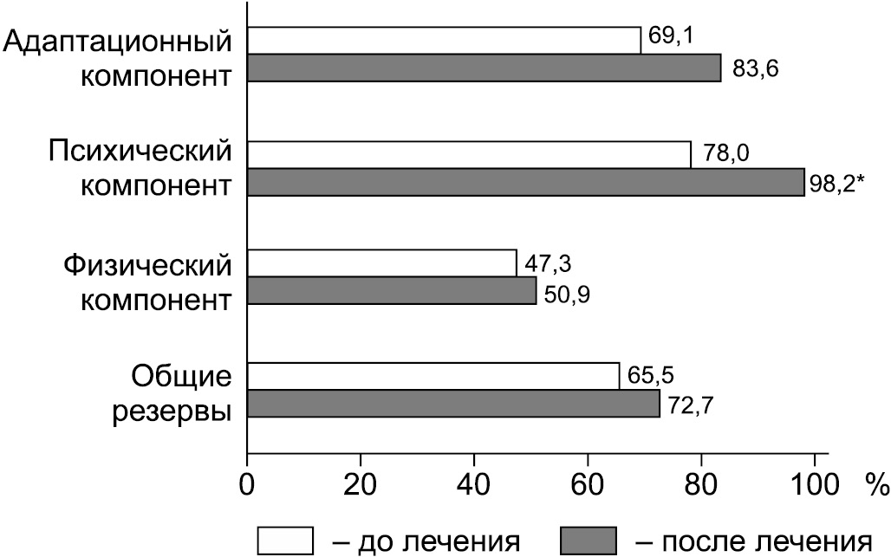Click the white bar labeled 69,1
coord(444,40)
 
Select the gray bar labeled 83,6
coord(485,68)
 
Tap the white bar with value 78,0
coord(469,154)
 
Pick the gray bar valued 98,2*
coord(526,182)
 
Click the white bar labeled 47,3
coord(381,262)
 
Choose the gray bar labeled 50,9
coord(392,290)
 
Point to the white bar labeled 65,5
coord(433,375)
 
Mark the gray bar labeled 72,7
coord(453,403)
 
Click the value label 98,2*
coord(837,182)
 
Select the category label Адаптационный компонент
coord(119,57)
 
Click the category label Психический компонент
coord(139,169)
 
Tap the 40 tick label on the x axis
coord(473,481)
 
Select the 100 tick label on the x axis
coord(815,481)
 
